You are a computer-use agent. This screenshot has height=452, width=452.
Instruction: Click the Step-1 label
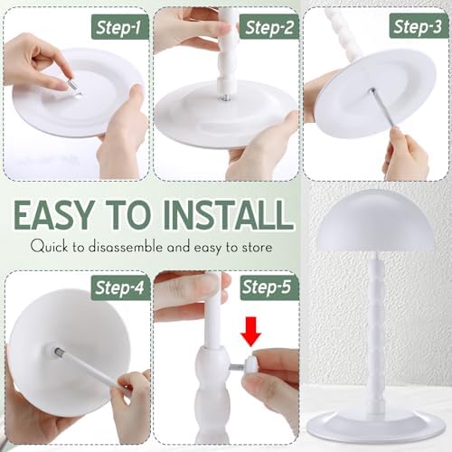(x=120, y=27)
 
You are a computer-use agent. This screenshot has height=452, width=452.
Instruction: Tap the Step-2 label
(x=269, y=27)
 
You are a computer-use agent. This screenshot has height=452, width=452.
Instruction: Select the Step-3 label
(x=419, y=26)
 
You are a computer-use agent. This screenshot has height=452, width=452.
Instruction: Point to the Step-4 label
(x=120, y=287)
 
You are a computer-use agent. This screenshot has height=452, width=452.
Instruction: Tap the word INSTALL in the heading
(x=230, y=215)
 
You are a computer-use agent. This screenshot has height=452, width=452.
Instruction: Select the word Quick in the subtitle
(x=49, y=247)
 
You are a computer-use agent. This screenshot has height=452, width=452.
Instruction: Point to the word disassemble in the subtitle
(x=126, y=247)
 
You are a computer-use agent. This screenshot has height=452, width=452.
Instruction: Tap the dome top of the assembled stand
(x=376, y=223)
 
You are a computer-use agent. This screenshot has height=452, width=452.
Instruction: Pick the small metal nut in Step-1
(x=72, y=85)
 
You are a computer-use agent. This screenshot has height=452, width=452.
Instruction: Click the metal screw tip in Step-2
(x=226, y=98)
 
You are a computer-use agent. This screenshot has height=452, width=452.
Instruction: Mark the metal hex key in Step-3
(x=386, y=111)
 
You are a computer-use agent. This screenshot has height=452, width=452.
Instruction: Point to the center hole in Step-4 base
(x=57, y=352)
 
